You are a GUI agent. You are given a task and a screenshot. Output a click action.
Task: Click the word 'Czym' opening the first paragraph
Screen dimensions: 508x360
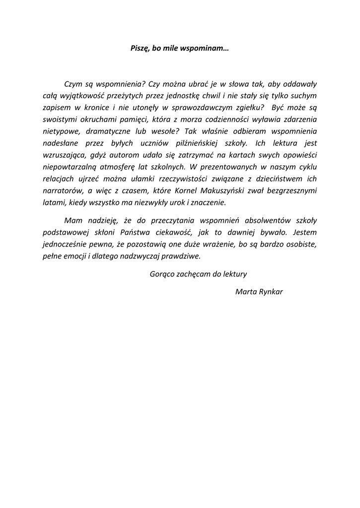pos(73,84)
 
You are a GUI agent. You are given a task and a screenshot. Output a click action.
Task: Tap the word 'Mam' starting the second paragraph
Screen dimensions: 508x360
pos(72,220)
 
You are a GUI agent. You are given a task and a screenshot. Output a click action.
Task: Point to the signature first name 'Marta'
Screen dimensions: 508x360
pos(245,291)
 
